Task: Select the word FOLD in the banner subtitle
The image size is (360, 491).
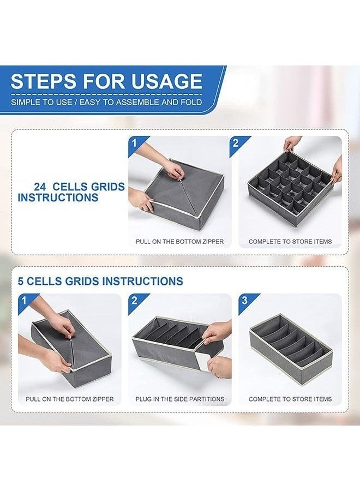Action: tap(191, 102)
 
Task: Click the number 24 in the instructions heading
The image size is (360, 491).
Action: tap(40, 187)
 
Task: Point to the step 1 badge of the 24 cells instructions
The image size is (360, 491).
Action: tap(135, 143)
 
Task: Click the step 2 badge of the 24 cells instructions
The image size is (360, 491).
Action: tap(236, 143)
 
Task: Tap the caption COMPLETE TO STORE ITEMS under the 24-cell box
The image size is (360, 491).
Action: tap(290, 242)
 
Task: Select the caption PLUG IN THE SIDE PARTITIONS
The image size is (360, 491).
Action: tap(179, 399)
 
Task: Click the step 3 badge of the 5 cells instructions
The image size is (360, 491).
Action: tap(244, 301)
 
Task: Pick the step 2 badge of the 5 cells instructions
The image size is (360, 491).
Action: tap(134, 301)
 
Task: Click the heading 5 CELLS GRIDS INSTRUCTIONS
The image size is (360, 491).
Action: tap(100, 281)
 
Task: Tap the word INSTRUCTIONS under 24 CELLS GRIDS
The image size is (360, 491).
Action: tap(58, 198)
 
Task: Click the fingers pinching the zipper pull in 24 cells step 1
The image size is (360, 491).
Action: tap(175, 170)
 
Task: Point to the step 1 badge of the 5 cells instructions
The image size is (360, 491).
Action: tap(24, 301)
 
